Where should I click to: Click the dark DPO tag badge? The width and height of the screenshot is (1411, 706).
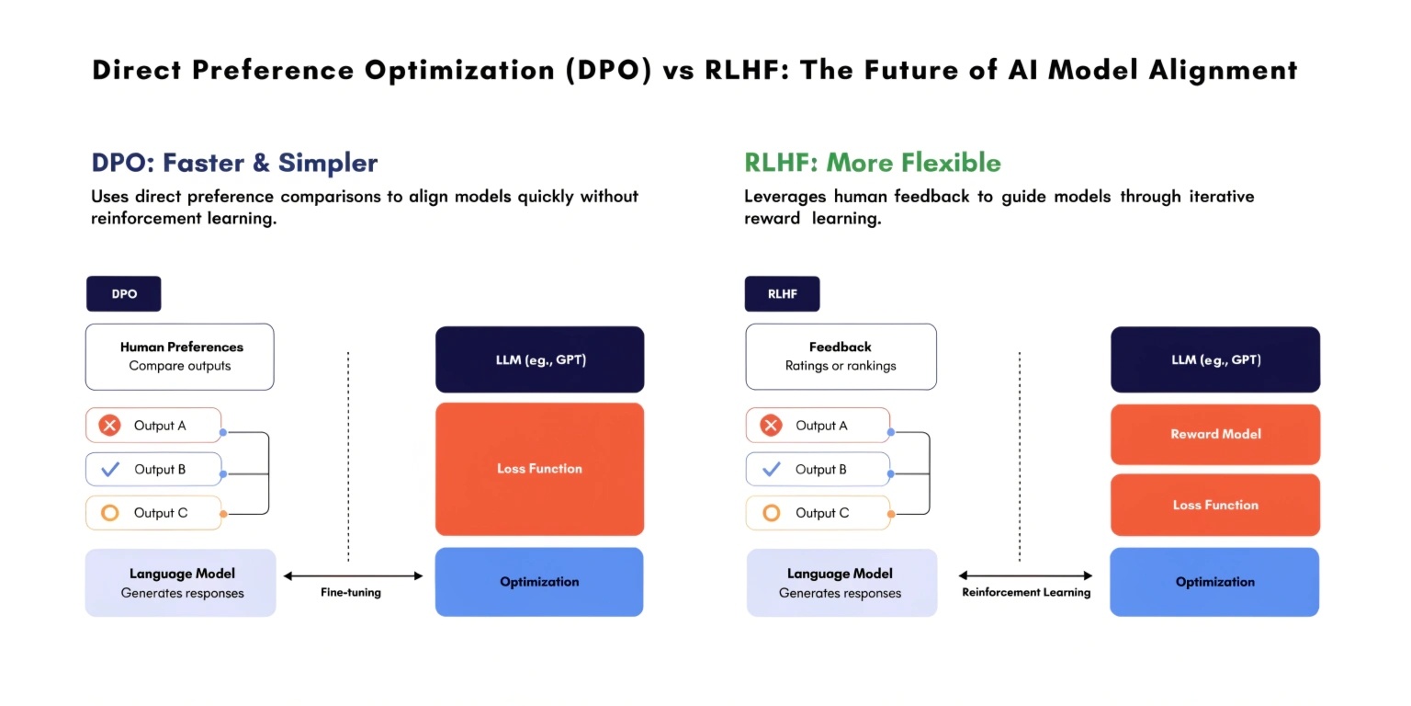pyautogui.click(x=124, y=294)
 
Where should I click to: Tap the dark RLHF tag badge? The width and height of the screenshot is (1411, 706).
pyautogui.click(x=782, y=294)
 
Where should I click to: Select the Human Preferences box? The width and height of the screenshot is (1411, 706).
pyautogui.click(x=180, y=357)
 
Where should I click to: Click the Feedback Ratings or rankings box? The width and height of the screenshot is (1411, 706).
pyautogui.click(x=841, y=357)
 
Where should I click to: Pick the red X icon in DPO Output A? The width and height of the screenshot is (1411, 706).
pyautogui.click(x=110, y=426)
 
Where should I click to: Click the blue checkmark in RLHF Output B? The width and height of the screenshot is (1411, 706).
pyautogui.click(x=772, y=470)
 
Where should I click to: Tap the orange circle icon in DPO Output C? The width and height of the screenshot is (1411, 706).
pyautogui.click(x=110, y=513)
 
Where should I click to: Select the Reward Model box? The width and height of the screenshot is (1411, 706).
pyautogui.click(x=1214, y=434)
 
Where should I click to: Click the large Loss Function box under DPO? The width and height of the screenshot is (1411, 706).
pyautogui.click(x=539, y=469)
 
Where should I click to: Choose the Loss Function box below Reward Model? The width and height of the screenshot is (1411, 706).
pyautogui.click(x=1214, y=505)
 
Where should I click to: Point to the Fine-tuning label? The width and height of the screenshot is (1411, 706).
pyautogui.click(x=351, y=593)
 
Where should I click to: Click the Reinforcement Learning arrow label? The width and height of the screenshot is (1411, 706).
pyautogui.click(x=1026, y=593)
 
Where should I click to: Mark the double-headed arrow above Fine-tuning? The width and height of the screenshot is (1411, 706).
pyautogui.click(x=353, y=576)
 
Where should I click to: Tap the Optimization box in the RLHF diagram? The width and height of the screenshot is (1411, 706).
pyautogui.click(x=1214, y=582)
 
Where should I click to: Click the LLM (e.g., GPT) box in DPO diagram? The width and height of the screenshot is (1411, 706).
pyautogui.click(x=539, y=359)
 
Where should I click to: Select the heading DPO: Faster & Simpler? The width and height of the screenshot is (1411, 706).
pyautogui.click(x=234, y=164)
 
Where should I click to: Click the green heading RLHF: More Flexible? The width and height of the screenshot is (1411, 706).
pyautogui.click(x=872, y=164)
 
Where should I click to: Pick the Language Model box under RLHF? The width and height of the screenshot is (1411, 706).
pyautogui.click(x=841, y=583)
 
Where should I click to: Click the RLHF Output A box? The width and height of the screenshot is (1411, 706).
pyautogui.click(x=818, y=426)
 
